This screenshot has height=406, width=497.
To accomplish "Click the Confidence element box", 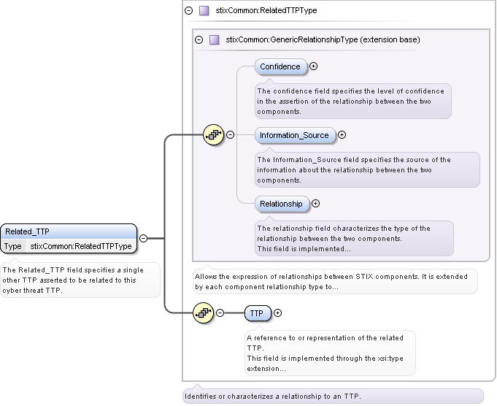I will [x=280, y=66].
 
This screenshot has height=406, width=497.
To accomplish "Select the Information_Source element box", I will [x=294, y=135].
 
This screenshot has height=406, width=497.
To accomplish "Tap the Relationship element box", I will [x=281, y=204].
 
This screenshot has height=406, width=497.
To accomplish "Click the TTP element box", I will [x=257, y=313].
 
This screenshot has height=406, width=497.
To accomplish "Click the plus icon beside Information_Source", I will [x=342, y=135].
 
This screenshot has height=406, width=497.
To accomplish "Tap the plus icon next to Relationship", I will [x=315, y=204].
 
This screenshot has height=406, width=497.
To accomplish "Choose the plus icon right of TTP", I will [x=277, y=313].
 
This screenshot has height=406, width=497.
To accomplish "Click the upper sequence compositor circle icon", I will [x=213, y=134].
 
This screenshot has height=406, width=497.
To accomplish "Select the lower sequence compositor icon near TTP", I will [x=203, y=313].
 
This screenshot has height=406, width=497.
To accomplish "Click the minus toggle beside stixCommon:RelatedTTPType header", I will [x=188, y=11].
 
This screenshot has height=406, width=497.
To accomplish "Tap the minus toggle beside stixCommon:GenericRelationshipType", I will [x=199, y=39].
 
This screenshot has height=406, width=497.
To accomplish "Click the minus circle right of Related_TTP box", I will [x=143, y=238].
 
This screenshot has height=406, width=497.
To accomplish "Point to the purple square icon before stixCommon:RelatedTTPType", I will [x=204, y=11].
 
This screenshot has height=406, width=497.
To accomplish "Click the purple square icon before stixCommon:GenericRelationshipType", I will [x=214, y=39].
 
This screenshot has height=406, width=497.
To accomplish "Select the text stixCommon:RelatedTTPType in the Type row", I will [x=80, y=247].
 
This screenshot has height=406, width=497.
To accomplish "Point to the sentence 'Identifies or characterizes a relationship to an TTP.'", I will [x=272, y=397].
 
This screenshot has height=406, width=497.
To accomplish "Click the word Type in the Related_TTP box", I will [x=13, y=247].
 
